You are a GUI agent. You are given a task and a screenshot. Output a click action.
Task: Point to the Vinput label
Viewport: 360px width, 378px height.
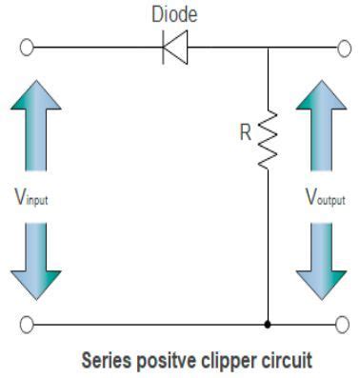point(33,199)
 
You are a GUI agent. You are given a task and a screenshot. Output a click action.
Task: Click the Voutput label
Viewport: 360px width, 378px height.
point(324,199)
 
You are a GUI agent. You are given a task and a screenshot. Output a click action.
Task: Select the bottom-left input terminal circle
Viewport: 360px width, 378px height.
point(29,324)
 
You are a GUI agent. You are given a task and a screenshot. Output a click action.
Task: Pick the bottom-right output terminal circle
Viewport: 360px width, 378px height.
point(341,324)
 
